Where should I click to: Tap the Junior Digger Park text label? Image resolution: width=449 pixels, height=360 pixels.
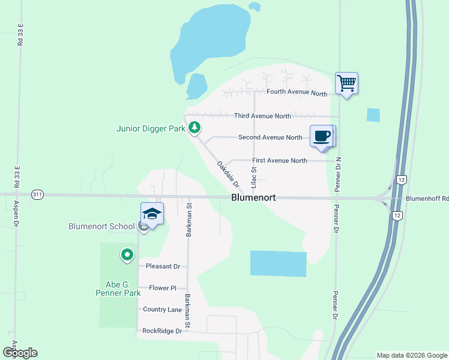click(149, 128)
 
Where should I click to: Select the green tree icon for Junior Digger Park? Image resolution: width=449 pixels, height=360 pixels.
click(194, 127)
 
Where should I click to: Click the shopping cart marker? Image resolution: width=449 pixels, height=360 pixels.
click(347, 83)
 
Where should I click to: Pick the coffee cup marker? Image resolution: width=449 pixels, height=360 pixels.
click(322, 136)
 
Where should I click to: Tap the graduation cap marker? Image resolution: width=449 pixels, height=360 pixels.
click(152, 214)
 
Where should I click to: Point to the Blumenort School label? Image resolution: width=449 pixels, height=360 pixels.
click(101, 226)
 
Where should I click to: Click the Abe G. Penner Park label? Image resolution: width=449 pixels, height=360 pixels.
click(118, 289)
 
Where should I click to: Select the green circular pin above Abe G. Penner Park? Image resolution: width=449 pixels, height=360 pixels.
click(127, 256)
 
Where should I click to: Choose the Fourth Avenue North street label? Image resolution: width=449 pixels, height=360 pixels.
click(297, 93)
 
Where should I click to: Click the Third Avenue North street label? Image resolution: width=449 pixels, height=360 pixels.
click(262, 116)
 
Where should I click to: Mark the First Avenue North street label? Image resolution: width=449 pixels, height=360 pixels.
click(279, 160)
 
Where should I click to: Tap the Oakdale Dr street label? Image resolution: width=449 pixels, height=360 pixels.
click(228, 174)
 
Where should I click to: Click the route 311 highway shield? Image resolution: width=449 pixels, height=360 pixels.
click(38, 194)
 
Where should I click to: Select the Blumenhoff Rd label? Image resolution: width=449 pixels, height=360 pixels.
click(427, 199)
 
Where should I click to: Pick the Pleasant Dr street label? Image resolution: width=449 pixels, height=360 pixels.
click(163, 266)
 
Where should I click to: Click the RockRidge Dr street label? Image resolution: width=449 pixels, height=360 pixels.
click(161, 331)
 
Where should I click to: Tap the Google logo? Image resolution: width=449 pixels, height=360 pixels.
click(20, 353)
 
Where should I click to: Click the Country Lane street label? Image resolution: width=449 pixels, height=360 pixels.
click(162, 309)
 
